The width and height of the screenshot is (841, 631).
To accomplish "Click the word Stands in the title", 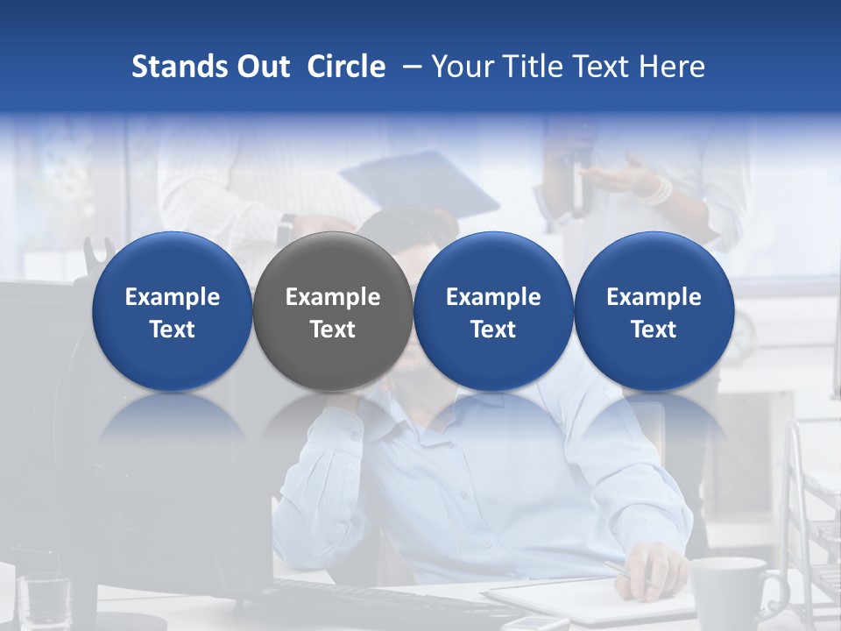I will tap(179, 67).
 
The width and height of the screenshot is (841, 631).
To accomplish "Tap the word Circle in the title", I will tap(346, 67).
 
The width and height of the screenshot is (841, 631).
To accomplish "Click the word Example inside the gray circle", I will tap(333, 297).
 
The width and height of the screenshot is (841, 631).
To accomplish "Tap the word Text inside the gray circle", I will tap(333, 330).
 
